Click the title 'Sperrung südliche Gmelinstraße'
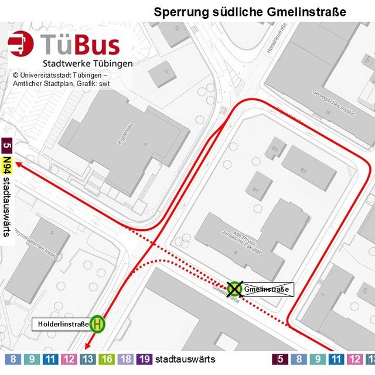[250, 12]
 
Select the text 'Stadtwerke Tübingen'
[87, 63]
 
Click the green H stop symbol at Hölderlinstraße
[98, 323]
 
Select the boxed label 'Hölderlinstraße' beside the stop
[63, 323]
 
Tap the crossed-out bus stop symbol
[235, 288]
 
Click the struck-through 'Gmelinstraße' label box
[267, 289]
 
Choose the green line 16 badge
[107, 359]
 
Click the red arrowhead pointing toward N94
[19, 165]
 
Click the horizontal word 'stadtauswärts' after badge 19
[185, 359]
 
